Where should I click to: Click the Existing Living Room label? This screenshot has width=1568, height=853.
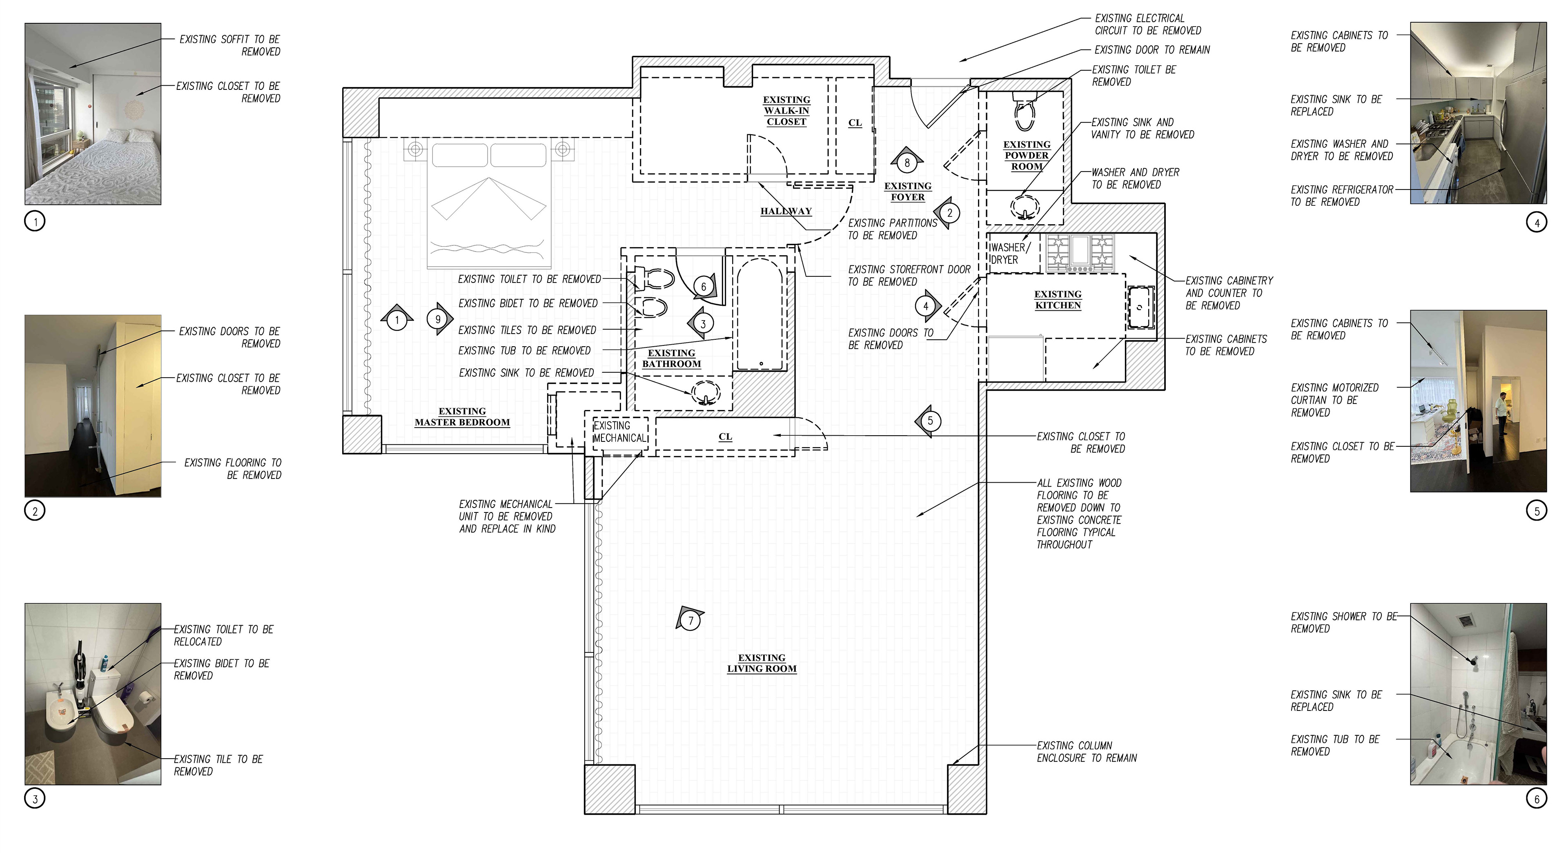coord(762,663)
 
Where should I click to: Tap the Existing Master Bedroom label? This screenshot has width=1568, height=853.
coord(462,417)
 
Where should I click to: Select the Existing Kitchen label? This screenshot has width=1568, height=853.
coord(1058,300)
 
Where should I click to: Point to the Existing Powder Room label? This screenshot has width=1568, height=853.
coord(1027,155)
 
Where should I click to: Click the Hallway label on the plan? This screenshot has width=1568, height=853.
coord(786,211)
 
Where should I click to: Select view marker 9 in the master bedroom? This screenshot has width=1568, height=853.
coord(439,319)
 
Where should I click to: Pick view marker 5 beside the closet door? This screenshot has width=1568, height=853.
coord(928,421)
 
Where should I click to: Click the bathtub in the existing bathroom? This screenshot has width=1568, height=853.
coord(760,314)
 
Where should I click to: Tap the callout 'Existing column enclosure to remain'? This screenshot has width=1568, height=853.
coord(1087,752)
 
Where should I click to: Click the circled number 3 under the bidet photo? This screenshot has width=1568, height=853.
coord(35,798)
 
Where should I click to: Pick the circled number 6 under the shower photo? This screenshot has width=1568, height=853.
coord(1536,798)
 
